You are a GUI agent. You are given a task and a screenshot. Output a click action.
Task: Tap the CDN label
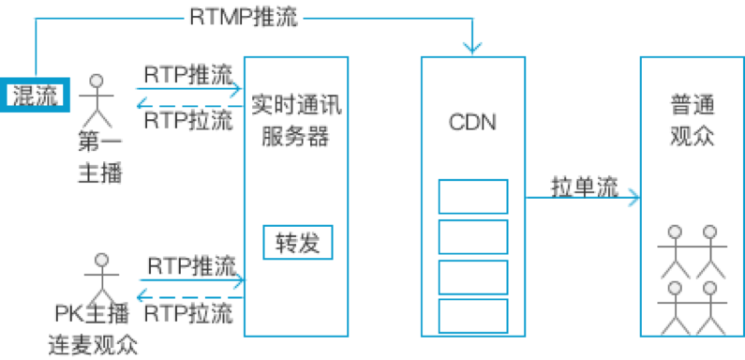coord(472,121)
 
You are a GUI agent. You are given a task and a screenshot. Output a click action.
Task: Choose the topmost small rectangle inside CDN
coord(473,196)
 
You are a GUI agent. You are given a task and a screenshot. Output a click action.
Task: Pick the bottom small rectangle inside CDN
coord(473,316)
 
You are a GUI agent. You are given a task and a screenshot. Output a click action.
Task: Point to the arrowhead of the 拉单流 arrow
coord(636,198)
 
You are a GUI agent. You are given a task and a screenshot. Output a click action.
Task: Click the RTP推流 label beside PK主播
coord(192,264)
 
